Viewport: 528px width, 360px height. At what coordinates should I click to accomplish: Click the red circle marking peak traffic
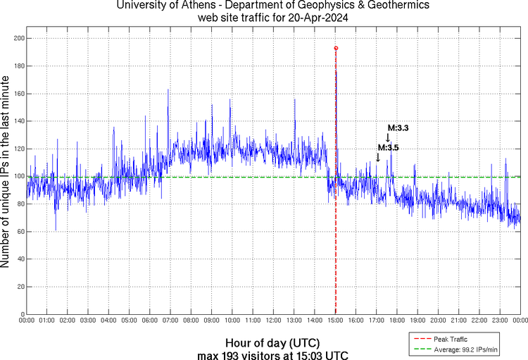coord(336,48)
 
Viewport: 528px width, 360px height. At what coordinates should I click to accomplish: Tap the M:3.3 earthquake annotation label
coord(398,128)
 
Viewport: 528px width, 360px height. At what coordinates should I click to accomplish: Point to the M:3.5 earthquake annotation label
coord(389,147)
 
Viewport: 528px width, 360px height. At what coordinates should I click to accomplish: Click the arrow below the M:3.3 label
coord(389,138)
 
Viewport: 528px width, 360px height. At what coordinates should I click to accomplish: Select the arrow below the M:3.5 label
coord(378,158)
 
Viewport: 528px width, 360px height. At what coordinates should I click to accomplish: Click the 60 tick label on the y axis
coord(18,231)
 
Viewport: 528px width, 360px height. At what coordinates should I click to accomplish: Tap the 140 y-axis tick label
coord(16,121)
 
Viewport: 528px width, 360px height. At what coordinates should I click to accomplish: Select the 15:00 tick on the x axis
coord(335,320)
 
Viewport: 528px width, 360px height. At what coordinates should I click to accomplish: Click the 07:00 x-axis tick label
coord(170,320)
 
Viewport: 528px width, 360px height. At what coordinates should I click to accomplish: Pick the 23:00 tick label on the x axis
coord(500,320)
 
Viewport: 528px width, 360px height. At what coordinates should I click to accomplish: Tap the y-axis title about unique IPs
coord(6,172)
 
